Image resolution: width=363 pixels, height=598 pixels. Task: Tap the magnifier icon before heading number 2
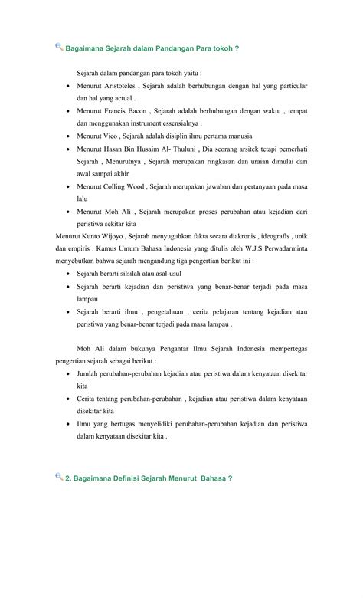coord(60,477)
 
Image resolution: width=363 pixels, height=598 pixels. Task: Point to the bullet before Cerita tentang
coord(70,399)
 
